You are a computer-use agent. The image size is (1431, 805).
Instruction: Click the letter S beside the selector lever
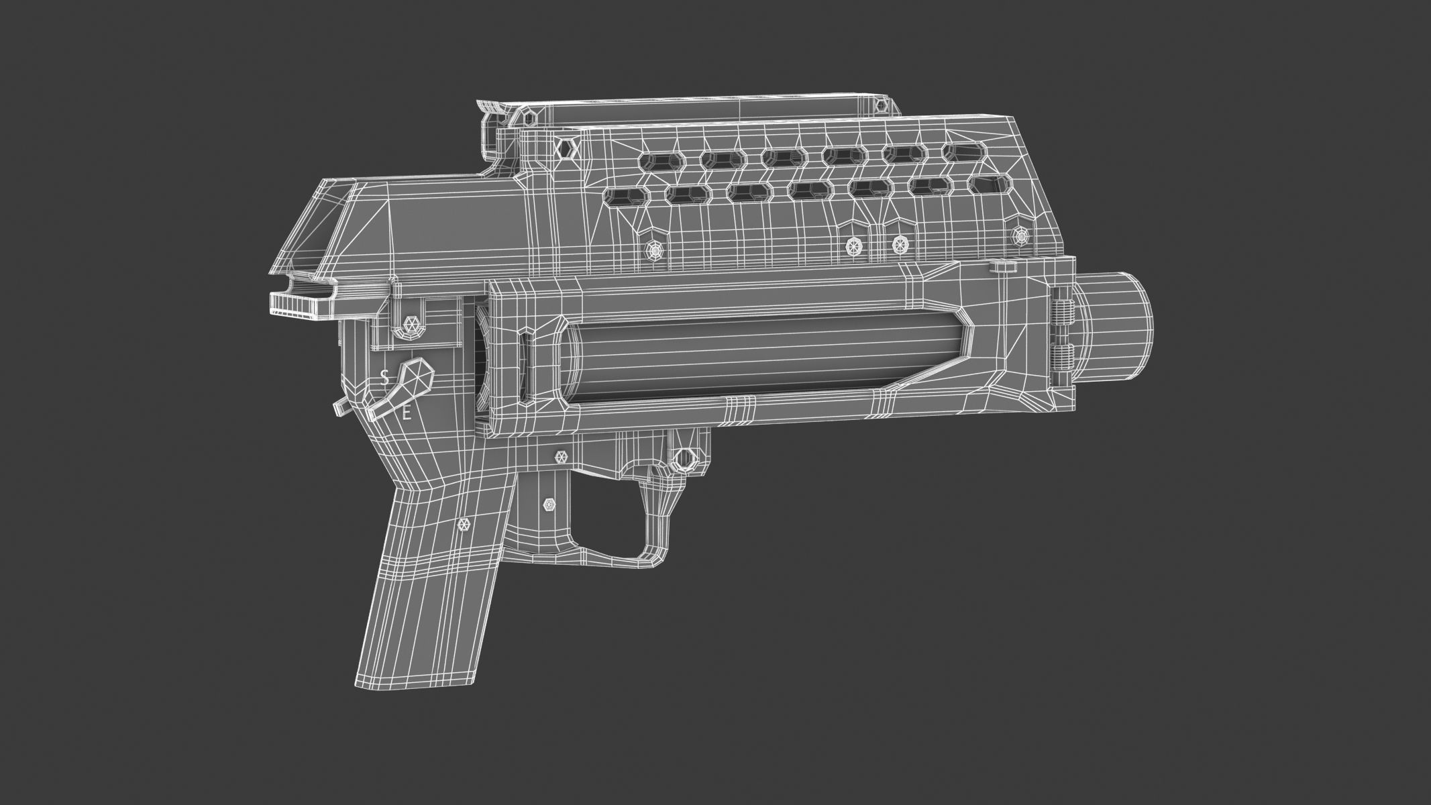[x=384, y=378]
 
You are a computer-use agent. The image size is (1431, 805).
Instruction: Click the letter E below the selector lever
[x=406, y=415]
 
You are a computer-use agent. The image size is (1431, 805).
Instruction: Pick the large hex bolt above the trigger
[x=685, y=459]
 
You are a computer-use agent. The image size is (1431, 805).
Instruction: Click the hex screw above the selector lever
[x=411, y=325]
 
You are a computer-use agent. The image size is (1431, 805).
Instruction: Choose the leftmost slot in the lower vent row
[x=623, y=196]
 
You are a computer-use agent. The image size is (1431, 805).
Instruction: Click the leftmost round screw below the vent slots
[x=654, y=250]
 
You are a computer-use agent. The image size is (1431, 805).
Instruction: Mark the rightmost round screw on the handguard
[x=1021, y=235]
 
